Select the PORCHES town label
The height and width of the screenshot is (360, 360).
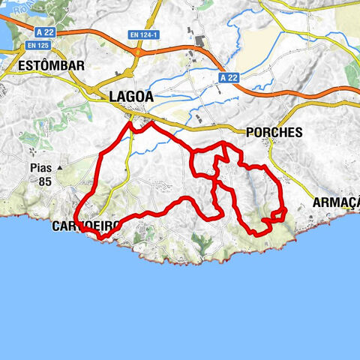pos(274,132)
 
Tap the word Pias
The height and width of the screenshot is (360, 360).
pos(41,167)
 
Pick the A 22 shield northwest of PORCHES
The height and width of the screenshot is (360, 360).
pos(229,76)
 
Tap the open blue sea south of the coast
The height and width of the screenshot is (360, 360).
pos(180,307)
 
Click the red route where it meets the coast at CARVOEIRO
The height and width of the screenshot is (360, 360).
pos(100,237)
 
